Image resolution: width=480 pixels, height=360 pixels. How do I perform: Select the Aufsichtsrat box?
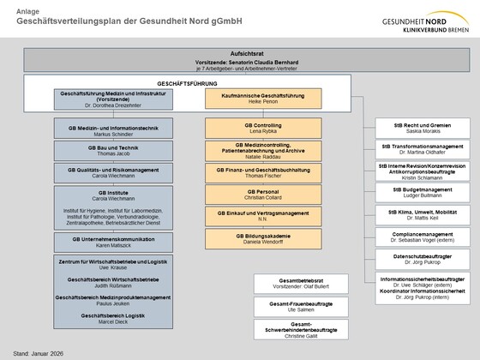[x=240, y=59]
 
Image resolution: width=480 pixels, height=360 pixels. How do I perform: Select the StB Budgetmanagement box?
[x=422, y=191]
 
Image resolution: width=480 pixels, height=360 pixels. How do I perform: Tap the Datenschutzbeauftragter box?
[x=422, y=257]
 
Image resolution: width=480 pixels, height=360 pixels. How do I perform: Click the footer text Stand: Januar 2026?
[x=39, y=352]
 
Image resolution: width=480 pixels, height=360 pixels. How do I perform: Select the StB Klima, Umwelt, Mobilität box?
[x=422, y=212]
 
